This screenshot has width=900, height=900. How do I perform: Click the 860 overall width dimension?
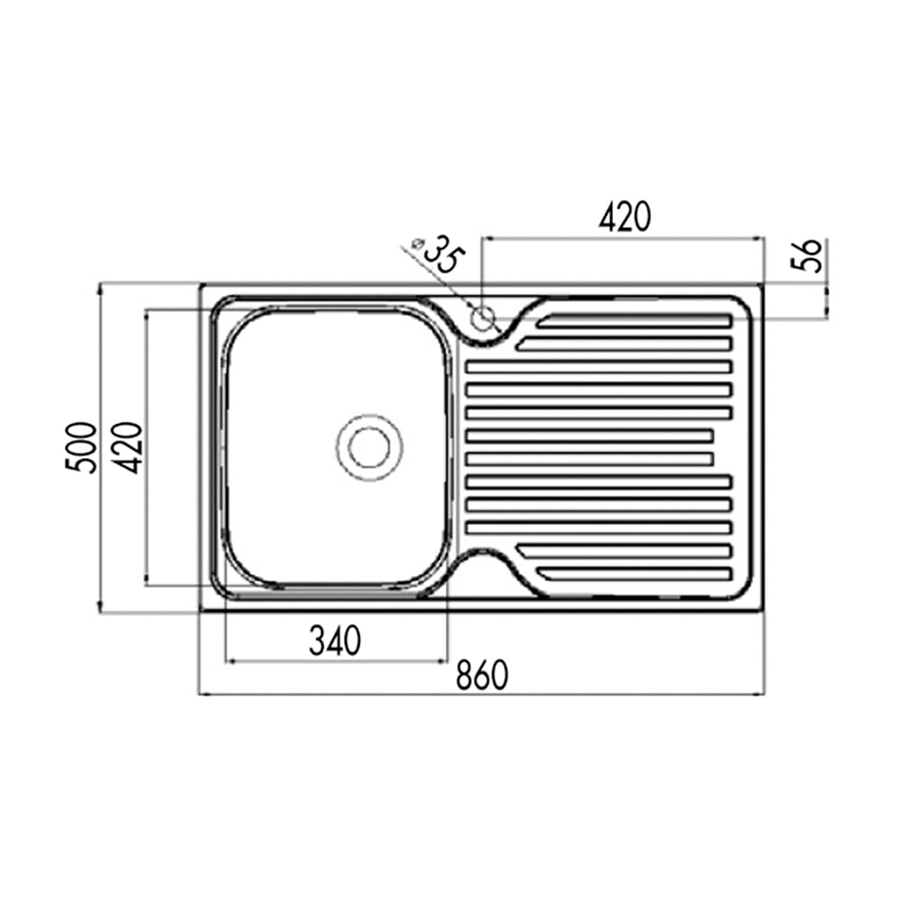coord(482,675)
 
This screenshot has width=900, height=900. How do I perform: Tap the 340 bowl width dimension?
coord(335,641)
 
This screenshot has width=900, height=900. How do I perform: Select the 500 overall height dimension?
coord(81,447)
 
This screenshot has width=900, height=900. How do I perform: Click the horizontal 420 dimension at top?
coord(625,216)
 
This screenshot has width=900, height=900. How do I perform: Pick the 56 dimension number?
coord(806,256)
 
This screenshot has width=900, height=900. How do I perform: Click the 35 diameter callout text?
coord(443,253)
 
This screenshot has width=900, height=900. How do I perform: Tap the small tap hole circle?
coord(482,318)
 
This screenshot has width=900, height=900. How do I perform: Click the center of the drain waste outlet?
coord(369,447)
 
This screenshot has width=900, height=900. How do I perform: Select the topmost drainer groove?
coord(634,321)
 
